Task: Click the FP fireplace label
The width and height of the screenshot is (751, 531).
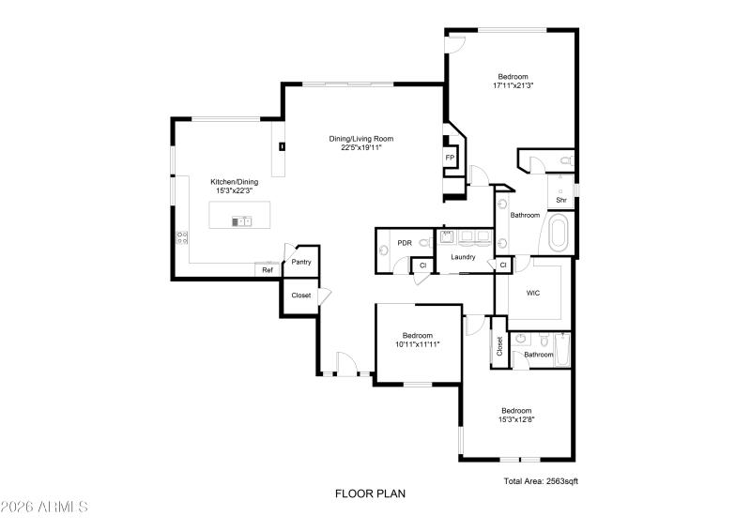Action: [450, 158]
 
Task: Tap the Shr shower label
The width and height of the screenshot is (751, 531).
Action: [561, 200]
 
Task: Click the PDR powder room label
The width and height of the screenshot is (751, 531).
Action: [405, 243]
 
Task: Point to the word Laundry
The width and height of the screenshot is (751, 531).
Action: [463, 257]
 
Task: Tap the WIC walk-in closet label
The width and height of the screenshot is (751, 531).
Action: [533, 293]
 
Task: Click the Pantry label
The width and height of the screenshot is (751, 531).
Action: [301, 262]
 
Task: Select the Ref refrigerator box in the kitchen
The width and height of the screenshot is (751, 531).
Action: [268, 270]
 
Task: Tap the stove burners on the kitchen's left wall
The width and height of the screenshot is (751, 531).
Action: [180, 238]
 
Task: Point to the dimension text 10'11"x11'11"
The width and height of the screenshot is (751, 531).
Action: [418, 344]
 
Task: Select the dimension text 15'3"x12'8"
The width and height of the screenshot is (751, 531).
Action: [516, 419]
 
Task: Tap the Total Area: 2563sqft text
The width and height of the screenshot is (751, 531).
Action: [541, 481]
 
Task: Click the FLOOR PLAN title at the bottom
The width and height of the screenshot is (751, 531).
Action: [371, 493]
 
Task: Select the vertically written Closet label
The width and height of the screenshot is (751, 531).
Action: [499, 346]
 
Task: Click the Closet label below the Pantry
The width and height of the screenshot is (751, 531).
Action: [301, 296]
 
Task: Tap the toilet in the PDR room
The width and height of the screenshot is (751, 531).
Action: [423, 243]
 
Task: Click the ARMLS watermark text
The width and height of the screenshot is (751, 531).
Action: [44, 508]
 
